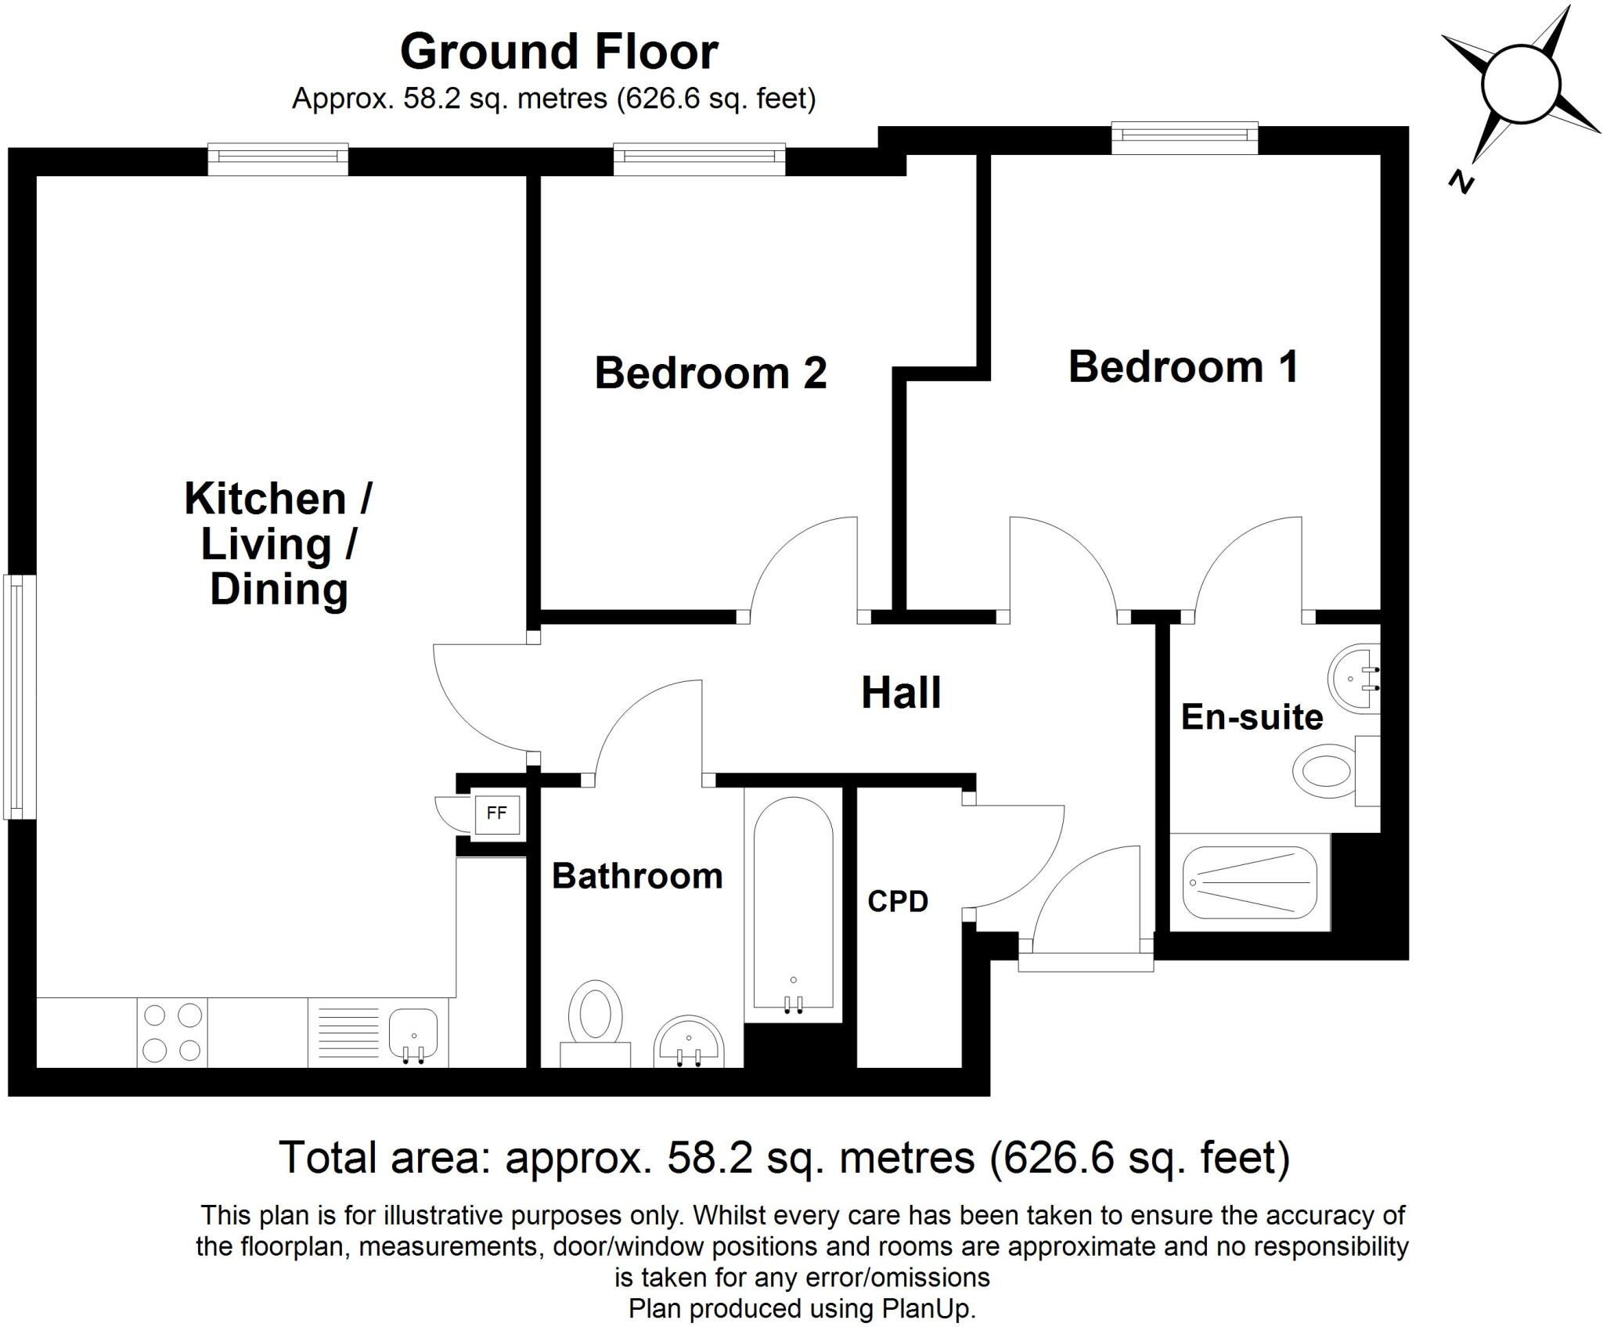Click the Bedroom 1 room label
click(x=1183, y=367)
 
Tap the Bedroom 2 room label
click(x=710, y=373)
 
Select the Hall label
click(x=901, y=693)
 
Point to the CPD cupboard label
click(x=898, y=902)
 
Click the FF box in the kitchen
click(x=496, y=813)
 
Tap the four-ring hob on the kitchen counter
click(x=172, y=1032)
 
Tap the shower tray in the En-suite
click(x=1249, y=882)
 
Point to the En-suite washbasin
click(x=1354, y=678)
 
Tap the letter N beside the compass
click(x=1461, y=182)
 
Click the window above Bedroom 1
click(x=1184, y=136)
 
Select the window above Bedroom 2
click(x=699, y=157)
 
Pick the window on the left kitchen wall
click(x=20, y=697)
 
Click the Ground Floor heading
click(x=559, y=52)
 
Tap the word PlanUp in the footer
click(x=928, y=1308)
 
